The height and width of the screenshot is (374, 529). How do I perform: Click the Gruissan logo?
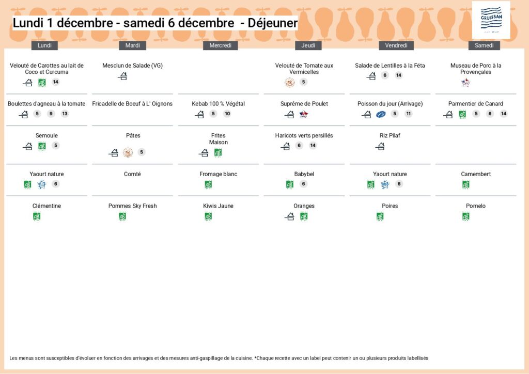click(491, 20)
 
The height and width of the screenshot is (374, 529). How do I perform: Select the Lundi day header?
click(45, 45)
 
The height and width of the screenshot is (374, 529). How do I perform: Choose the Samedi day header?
click(484, 45)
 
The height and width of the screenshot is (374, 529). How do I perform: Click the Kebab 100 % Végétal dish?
click(218, 104)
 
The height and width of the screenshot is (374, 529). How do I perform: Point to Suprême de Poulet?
click(304, 104)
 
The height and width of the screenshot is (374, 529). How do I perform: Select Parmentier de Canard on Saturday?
click(476, 104)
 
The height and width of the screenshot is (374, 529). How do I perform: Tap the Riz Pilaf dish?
click(390, 136)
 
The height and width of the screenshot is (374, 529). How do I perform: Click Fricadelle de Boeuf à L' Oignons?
click(132, 104)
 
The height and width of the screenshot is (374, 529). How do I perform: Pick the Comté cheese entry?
click(132, 174)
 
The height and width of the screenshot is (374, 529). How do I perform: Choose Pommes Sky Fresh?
click(132, 206)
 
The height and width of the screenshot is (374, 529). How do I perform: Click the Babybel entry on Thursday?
click(304, 174)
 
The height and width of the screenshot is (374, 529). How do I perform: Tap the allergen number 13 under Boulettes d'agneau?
click(65, 114)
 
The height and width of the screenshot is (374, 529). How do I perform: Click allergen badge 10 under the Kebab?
click(227, 114)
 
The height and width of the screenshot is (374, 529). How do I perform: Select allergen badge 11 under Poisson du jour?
click(409, 114)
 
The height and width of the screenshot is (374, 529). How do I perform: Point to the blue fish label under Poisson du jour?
click(381, 114)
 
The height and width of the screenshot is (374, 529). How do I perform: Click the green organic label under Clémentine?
click(37, 216)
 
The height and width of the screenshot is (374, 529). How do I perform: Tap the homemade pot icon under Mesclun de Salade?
click(122, 76)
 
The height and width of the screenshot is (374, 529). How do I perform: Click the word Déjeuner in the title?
click(272, 23)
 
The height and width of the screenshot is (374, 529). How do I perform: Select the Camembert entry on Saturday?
click(476, 174)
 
